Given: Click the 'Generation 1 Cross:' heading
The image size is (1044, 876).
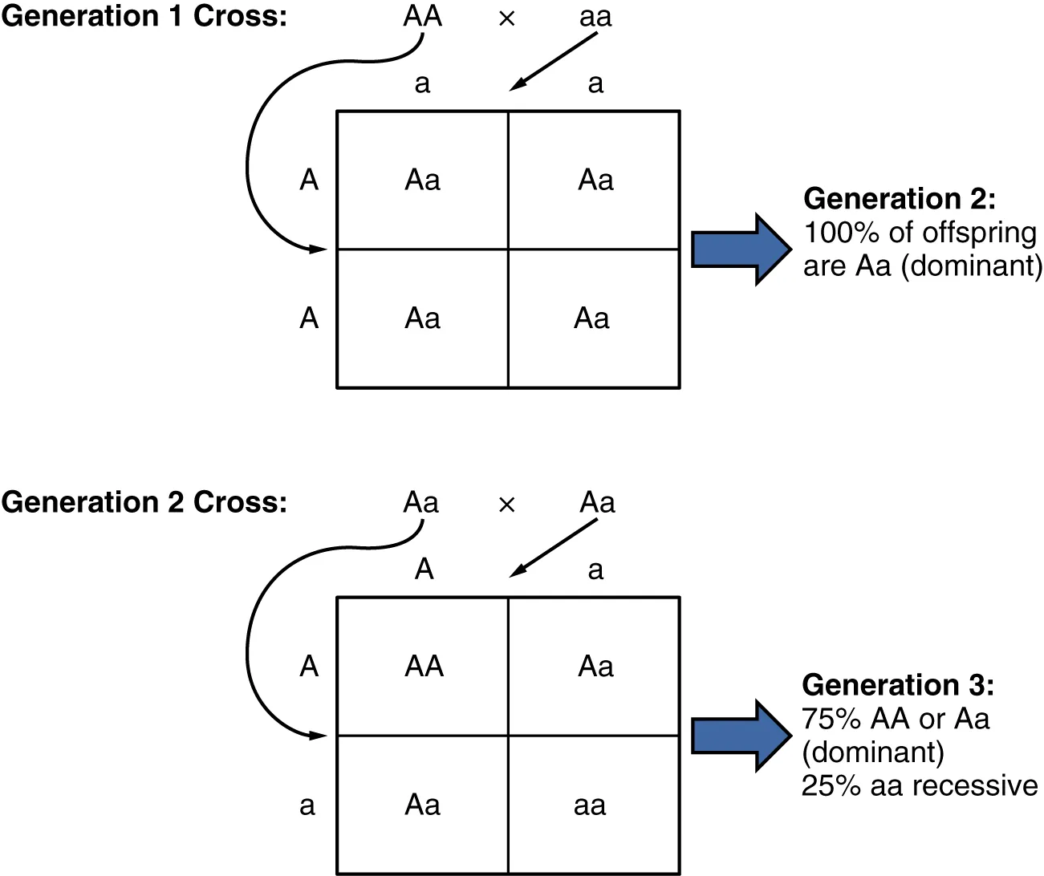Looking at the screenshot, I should point(144,16).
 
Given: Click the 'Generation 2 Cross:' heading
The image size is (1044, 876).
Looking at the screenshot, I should point(144,502).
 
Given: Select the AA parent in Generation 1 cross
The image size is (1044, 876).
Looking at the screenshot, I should point(422,16).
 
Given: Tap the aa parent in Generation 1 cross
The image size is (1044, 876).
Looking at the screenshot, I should point(595,17).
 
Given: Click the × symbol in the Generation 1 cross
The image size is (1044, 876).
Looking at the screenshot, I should point(506,18).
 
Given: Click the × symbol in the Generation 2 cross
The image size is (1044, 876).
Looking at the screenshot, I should point(506,505).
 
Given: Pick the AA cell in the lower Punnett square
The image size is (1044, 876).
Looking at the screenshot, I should point(424,667).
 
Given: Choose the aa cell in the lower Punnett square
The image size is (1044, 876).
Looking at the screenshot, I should point(590,805).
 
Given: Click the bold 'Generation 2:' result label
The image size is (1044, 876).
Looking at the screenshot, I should point(899,198).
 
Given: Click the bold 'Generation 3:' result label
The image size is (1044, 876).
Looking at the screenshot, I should point(897,684).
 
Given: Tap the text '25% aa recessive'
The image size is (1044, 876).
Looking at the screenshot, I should point(920,785).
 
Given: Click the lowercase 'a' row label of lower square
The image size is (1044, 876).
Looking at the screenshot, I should point(307,805).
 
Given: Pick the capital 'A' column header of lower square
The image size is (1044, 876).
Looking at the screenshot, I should point(424,570).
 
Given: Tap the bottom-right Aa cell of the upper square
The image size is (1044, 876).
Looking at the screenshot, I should point(591,318).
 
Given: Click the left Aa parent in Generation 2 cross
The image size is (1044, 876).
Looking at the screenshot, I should point(420,503).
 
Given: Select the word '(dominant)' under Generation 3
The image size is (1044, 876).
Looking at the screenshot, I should point(873,752).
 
